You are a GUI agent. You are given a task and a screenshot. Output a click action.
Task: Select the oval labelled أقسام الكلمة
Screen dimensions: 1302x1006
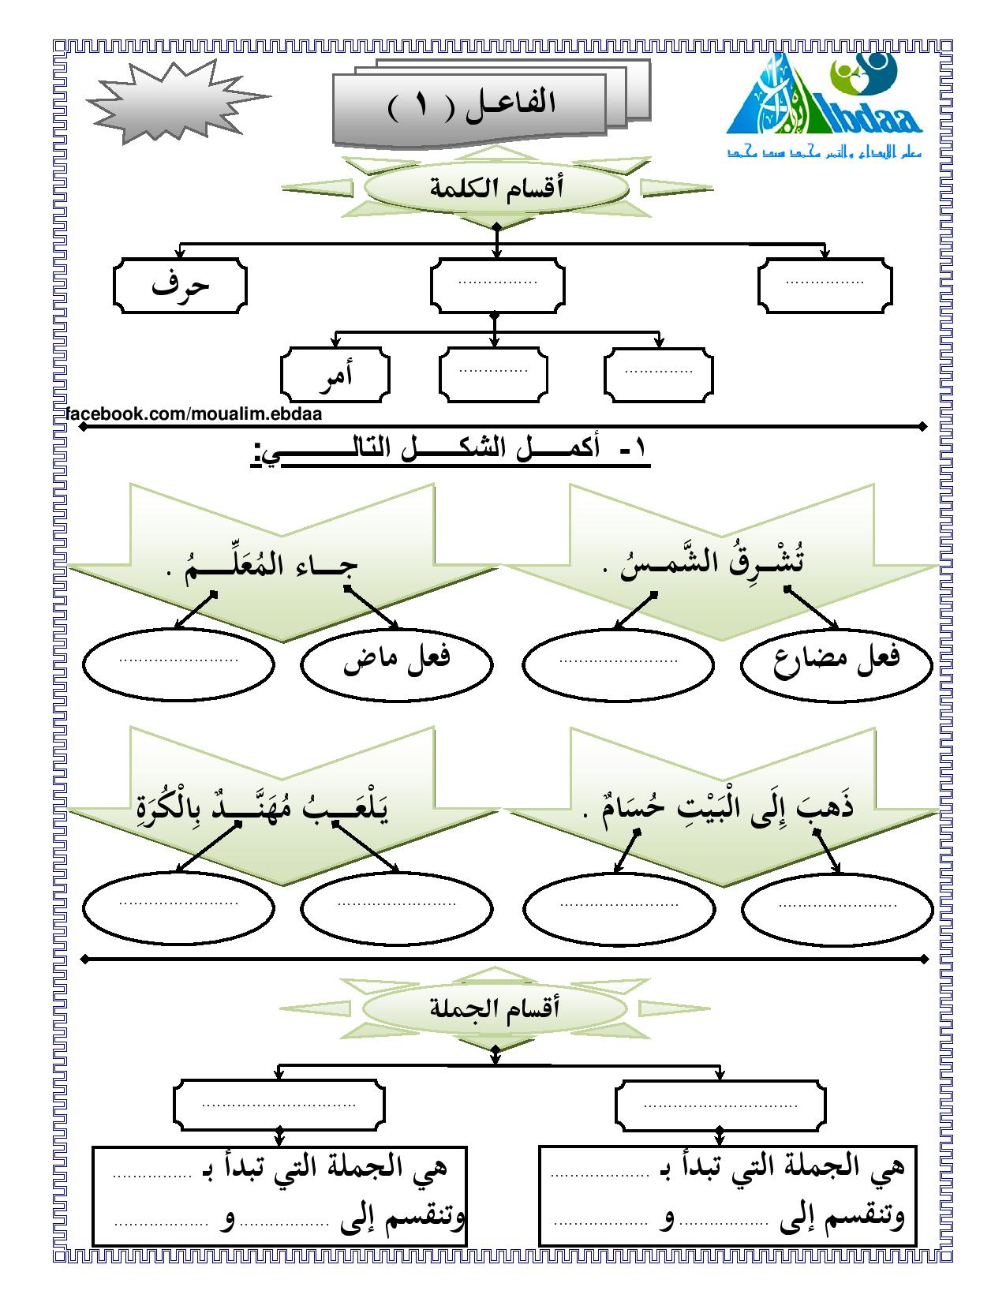tap(496, 190)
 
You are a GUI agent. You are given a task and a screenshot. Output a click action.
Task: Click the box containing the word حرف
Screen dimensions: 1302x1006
tap(180, 284)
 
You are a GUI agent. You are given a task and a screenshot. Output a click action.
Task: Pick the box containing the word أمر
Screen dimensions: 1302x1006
tap(335, 374)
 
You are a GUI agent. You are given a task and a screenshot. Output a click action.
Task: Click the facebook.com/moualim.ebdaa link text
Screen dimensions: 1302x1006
tap(194, 413)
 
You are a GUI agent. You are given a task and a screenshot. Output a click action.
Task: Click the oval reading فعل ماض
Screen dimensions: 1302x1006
tap(396, 660)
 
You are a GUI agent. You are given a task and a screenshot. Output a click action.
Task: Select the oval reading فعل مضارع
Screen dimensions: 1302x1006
tap(836, 660)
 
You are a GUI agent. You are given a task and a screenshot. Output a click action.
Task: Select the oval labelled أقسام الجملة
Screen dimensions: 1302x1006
tap(495, 1008)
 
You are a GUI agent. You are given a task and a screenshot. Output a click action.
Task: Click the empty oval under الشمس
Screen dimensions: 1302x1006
tap(619, 660)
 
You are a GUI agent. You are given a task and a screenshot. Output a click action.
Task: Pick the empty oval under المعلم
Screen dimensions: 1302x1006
tap(178, 660)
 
